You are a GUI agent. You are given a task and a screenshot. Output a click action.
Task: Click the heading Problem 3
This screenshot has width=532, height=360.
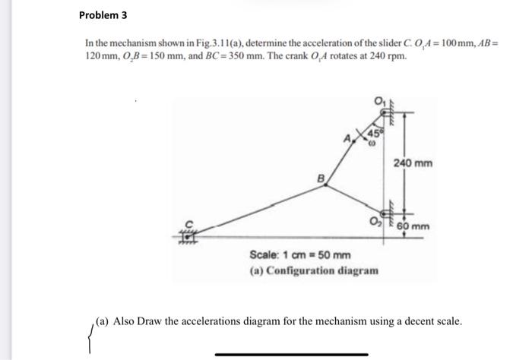[106, 14]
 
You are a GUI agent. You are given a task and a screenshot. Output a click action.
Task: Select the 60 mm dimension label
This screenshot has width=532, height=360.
[416, 226]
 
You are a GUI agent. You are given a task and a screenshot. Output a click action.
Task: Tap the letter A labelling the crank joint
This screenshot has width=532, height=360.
[347, 137]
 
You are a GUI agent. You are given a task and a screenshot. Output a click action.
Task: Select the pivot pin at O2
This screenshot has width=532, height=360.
[385, 217]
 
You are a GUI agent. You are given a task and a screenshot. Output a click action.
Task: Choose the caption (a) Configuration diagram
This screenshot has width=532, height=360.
[313, 270]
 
